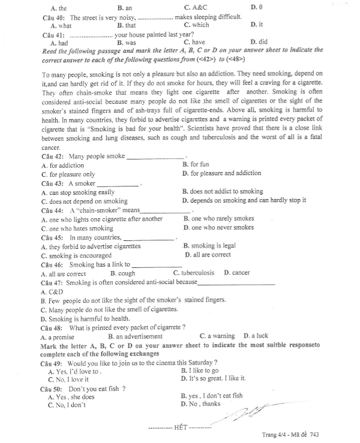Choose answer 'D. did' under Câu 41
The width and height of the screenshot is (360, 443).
259,43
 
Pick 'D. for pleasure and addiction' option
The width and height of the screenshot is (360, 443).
221,173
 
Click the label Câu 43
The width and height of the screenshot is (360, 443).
53,183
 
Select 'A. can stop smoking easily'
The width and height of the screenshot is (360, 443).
78,192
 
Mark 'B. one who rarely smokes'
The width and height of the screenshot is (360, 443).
218,219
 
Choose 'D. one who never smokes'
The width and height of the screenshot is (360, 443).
218,228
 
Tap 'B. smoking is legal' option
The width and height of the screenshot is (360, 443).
209,246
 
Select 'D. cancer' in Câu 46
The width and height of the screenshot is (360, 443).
236,273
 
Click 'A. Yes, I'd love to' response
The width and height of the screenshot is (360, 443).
74,372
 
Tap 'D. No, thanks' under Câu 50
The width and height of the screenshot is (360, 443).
200,405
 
